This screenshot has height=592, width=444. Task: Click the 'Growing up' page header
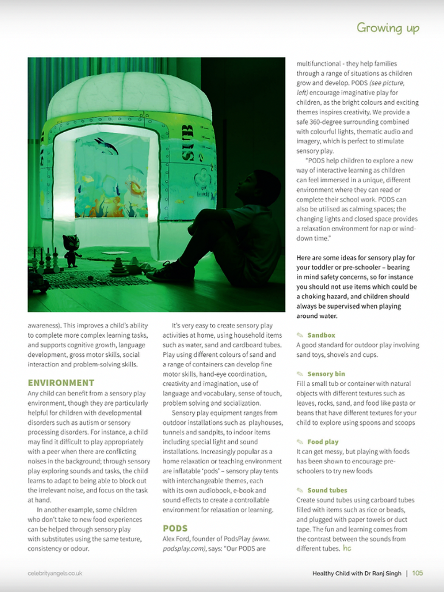(x=387, y=28)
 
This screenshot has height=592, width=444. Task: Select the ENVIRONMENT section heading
(x=61, y=383)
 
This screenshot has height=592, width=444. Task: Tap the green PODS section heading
(x=175, y=528)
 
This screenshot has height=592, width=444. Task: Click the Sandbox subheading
(x=321, y=335)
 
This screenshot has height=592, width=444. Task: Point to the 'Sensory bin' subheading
(x=326, y=374)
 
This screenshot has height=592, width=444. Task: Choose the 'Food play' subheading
(x=323, y=442)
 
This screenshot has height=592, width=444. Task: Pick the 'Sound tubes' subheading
(x=327, y=490)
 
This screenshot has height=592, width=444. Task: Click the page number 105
(x=418, y=573)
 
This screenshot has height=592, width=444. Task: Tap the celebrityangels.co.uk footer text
(x=55, y=573)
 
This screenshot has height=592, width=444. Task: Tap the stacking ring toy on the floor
(x=118, y=268)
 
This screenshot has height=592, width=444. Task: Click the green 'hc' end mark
(x=347, y=548)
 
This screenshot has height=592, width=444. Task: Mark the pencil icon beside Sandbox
(x=300, y=335)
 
